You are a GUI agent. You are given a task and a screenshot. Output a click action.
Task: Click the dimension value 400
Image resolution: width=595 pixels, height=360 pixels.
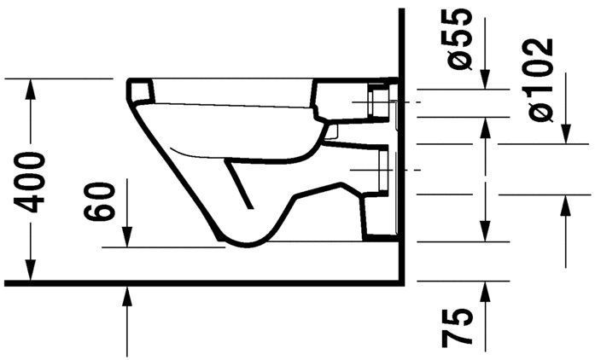(32, 182)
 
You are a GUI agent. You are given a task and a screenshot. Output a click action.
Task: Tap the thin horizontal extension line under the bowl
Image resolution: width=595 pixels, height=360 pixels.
(162, 247)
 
